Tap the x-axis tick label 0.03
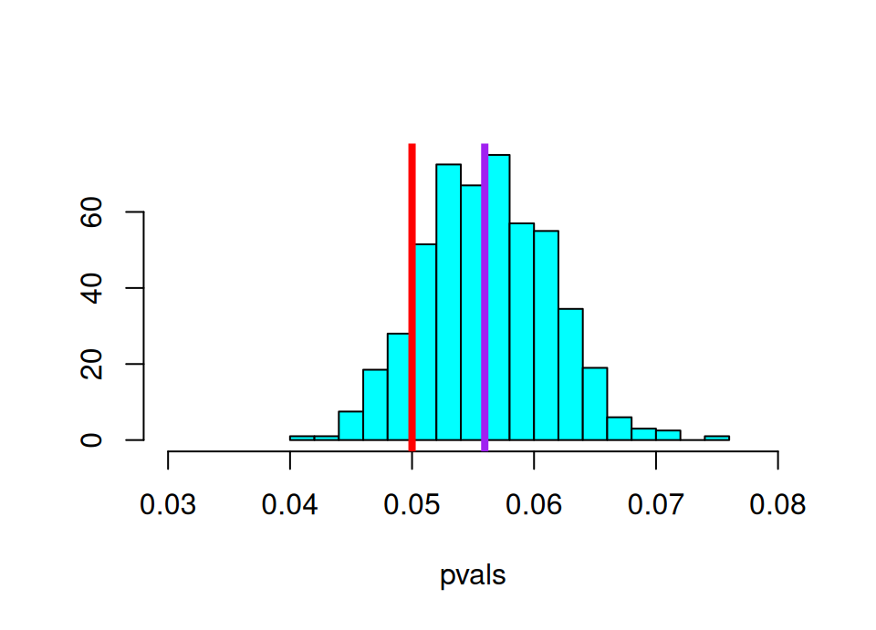click(x=168, y=504)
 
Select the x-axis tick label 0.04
click(x=290, y=504)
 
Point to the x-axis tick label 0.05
click(x=412, y=504)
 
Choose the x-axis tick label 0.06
click(x=534, y=504)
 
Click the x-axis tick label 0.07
click(x=656, y=504)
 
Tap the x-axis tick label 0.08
click(x=777, y=504)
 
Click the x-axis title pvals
click(x=473, y=577)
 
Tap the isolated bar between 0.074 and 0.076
click(x=716, y=438)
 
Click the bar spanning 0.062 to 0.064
click(x=570, y=374)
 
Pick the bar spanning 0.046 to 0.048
click(x=375, y=405)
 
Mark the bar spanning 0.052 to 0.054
click(x=448, y=302)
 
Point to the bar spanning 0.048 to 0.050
click(x=399, y=387)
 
